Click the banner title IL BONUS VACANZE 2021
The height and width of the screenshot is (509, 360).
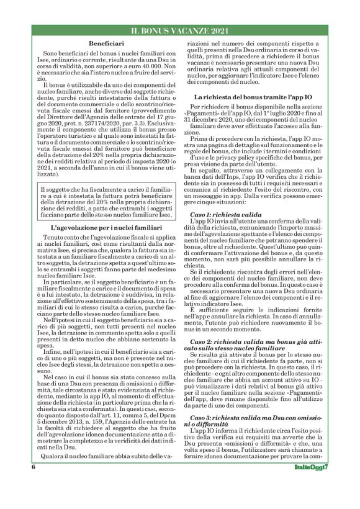[180, 30]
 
